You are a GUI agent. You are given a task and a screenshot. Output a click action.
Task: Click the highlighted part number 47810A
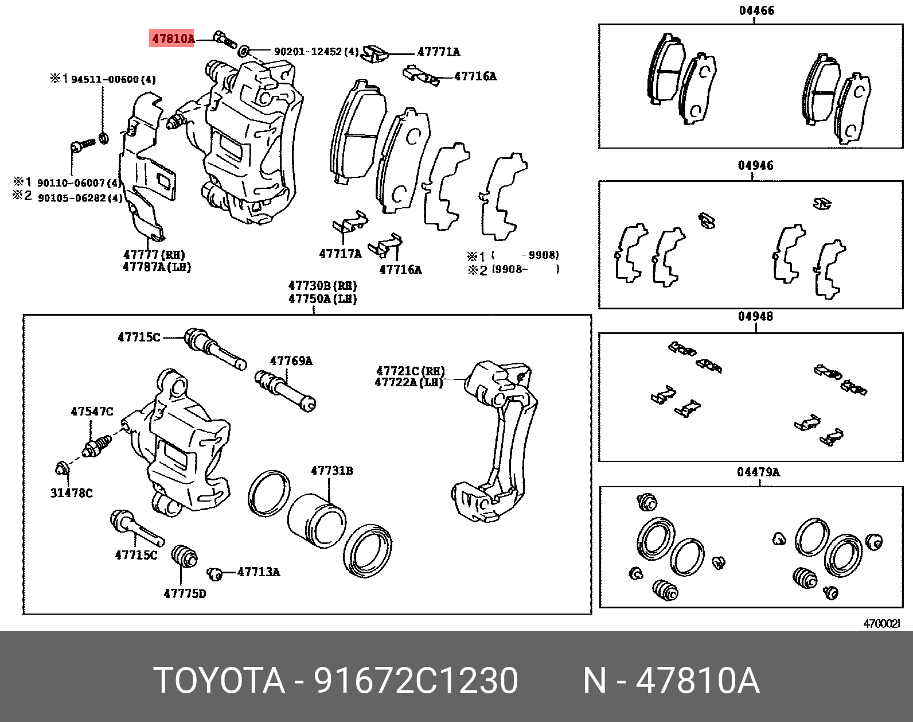173,39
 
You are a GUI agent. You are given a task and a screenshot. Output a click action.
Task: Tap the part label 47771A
438,52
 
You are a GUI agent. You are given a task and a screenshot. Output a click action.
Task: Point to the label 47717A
340,253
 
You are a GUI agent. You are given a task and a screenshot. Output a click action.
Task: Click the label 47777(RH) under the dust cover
154,255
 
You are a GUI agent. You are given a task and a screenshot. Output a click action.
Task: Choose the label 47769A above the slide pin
291,361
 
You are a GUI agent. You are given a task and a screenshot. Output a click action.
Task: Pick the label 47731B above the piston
332,471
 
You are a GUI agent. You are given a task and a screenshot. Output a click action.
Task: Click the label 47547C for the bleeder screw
92,411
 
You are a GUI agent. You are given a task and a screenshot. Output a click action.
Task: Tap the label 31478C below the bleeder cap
71,492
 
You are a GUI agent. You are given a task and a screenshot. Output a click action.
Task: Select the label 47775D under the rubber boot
185,593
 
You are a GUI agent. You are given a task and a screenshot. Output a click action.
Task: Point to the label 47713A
259,572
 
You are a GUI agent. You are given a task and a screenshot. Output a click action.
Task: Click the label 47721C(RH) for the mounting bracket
410,371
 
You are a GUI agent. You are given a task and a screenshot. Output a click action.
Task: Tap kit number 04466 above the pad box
755,10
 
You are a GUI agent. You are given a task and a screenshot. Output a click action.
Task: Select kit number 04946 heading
755,166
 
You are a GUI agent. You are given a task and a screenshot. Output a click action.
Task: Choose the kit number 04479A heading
758,472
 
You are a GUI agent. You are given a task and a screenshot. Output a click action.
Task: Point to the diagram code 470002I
883,623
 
